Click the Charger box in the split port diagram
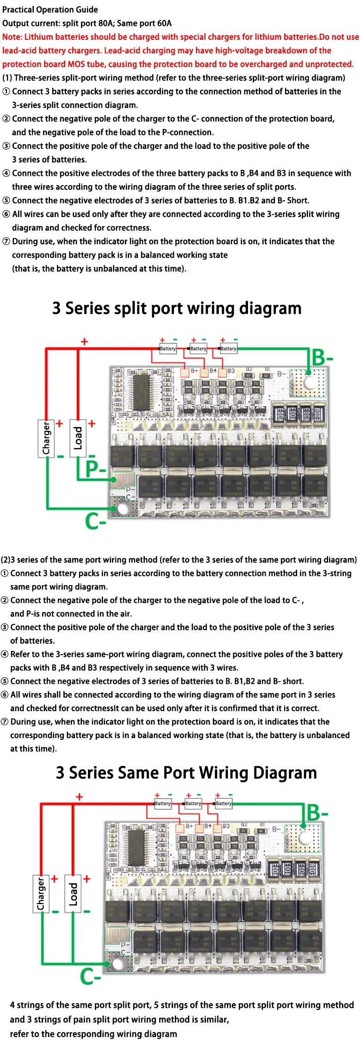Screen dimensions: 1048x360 tap(46, 438)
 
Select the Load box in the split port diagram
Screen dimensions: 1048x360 tap(78, 438)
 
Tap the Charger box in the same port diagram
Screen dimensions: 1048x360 tap(41, 893)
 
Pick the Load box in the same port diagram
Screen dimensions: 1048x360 tap(73, 893)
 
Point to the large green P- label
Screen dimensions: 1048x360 tap(95, 469)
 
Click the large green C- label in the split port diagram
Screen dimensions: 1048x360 tap(95, 521)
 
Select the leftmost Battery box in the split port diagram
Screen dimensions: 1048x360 tap(168, 348)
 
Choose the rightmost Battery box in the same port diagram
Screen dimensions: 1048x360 tap(224, 803)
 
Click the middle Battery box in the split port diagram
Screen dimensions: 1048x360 tap(198, 348)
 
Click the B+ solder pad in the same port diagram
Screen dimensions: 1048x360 tap(180, 828)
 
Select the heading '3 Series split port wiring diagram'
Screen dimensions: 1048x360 tap(177, 308)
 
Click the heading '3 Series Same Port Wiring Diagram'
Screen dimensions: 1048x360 tap(186, 773)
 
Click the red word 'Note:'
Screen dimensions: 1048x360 tap(12, 37)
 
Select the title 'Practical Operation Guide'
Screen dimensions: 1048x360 tap(50, 10)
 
